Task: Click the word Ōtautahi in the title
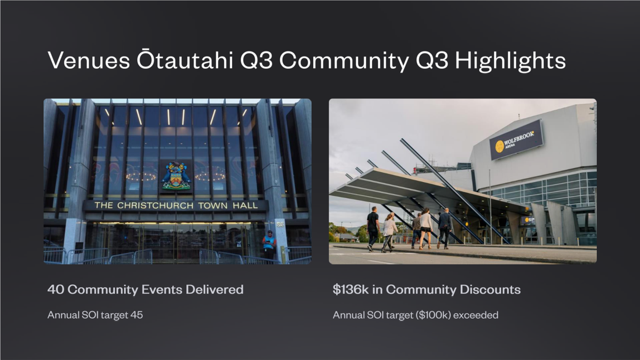coord(185,60)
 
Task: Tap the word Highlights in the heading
coord(510,61)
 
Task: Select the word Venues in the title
coord(89,61)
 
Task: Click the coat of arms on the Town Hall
coord(176,176)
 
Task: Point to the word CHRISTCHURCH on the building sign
coord(155,205)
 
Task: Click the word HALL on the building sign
coord(245,205)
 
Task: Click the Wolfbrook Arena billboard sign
coord(517,140)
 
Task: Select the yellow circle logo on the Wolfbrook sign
coord(500,146)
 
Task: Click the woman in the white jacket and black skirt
coord(425,228)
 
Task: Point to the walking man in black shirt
coord(373,229)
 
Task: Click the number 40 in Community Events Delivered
coord(56,289)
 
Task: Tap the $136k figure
coord(351,289)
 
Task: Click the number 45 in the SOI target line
coord(136,315)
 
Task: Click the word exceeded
coord(476,315)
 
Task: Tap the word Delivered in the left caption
coord(214,289)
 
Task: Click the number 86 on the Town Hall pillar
coord(280,224)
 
